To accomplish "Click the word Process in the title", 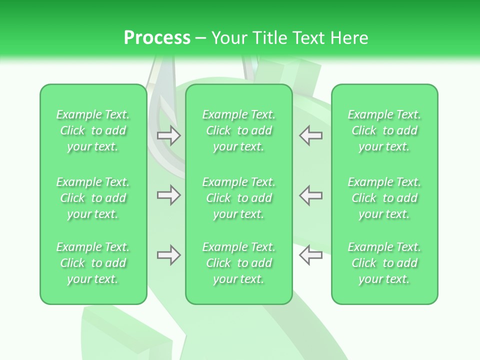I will coord(157,38).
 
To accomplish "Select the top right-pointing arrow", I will coord(169,135).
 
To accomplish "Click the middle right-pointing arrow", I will coord(169,195).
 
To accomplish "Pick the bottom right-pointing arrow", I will coord(169,255).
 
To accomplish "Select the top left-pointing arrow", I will coord(310,135).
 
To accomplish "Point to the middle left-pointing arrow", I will coord(310,195).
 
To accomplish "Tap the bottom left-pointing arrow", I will coord(310,255).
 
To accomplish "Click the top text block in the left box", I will coord(93,130).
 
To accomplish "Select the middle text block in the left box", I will coord(93,198).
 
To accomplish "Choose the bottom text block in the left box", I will coord(93,263).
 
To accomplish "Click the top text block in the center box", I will coord(239,130).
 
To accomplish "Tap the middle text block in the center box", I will coord(239,198).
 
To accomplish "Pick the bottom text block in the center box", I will coord(239,263).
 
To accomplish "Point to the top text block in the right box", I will coord(384,130).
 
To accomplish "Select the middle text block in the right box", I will coord(384,198).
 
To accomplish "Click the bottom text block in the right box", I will coord(384,263).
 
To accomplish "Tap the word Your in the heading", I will coord(227,38).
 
